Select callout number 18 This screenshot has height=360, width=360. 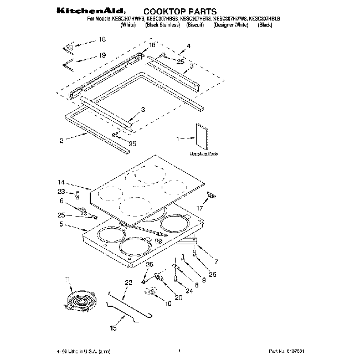pyautogui.click(x=102, y=39)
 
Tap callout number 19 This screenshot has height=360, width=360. pyautogui.click(x=102, y=55)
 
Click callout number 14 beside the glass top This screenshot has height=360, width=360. pyautogui.click(x=61, y=182)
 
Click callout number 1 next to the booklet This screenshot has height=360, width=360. pyautogui.click(x=178, y=139)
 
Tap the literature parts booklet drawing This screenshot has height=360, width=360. pyautogui.click(x=200, y=136)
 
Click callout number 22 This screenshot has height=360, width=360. pyautogui.click(x=128, y=283)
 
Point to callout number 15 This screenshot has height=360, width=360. pyautogui.click(x=113, y=328)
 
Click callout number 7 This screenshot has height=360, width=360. pyautogui.click(x=215, y=260)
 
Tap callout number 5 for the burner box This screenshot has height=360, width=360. pyautogui.click(x=61, y=225)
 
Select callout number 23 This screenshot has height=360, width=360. pyautogui.click(x=61, y=192)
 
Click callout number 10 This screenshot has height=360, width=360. pyautogui.click(x=168, y=303)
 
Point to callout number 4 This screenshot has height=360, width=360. pyautogui.click(x=188, y=47)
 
